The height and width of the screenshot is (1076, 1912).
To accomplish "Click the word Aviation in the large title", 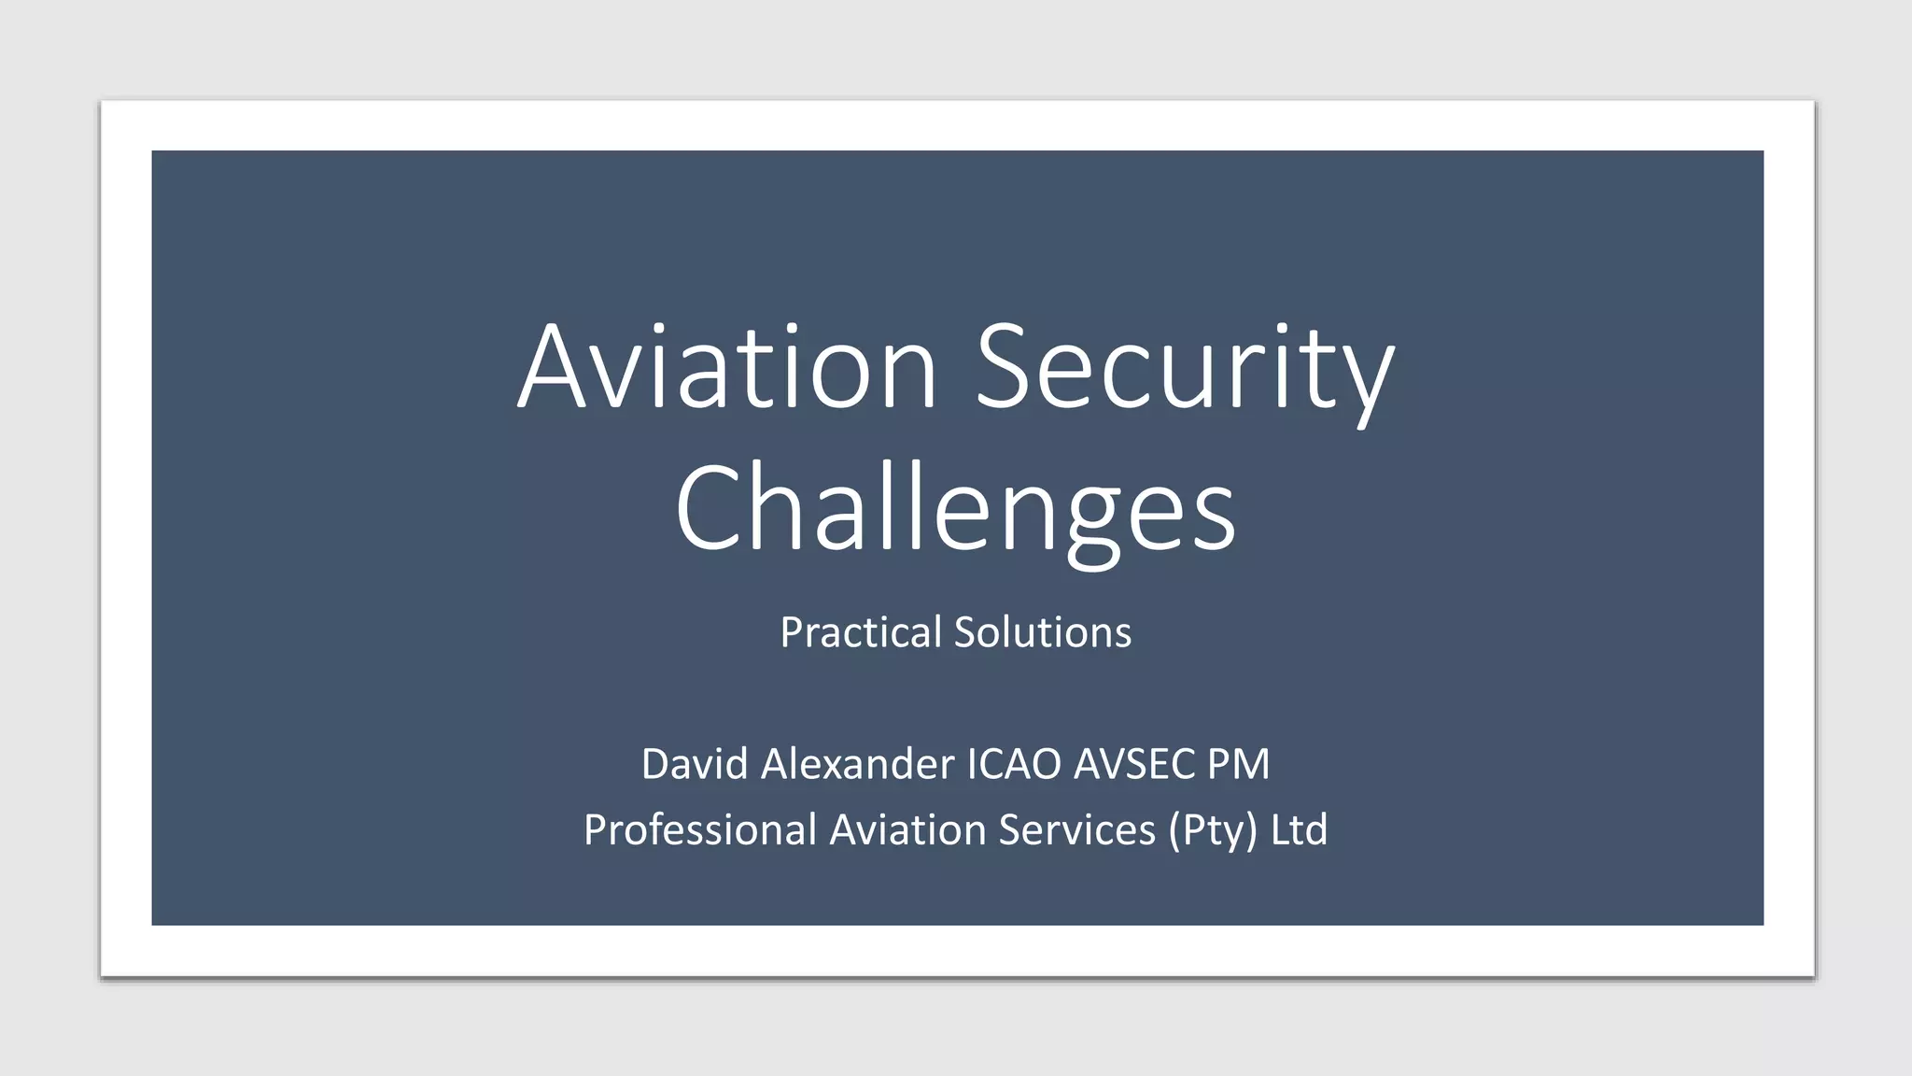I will pyautogui.click(x=726, y=366).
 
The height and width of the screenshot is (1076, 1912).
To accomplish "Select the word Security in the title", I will pyautogui.click(x=1184, y=366).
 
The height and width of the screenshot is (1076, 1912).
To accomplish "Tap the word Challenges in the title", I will pyautogui.click(x=955, y=509).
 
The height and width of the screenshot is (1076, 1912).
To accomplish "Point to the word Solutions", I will pyautogui.click(x=1042, y=632).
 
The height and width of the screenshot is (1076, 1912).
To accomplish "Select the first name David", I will pyautogui.click(x=695, y=764).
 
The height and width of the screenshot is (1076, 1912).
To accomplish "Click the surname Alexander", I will pyautogui.click(x=858, y=764).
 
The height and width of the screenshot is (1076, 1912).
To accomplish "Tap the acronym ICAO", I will pyautogui.click(x=1015, y=764).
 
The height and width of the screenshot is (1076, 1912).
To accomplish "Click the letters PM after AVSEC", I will pyautogui.click(x=1238, y=764).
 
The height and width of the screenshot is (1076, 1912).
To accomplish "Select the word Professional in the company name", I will pyautogui.click(x=700, y=829).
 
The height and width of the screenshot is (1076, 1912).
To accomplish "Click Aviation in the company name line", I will pyautogui.click(x=908, y=829).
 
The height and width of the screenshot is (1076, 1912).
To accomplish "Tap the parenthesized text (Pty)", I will pyautogui.click(x=1213, y=829).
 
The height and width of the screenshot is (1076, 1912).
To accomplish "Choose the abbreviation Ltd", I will pyautogui.click(x=1299, y=829).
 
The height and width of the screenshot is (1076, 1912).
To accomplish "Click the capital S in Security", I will pyautogui.click(x=1006, y=366).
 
